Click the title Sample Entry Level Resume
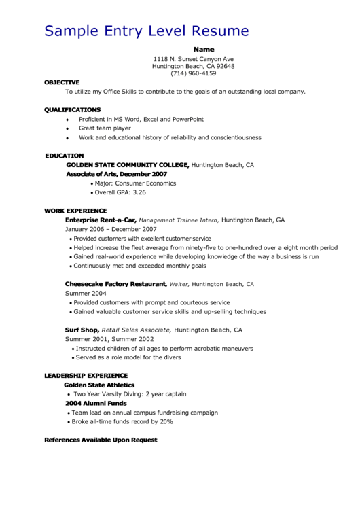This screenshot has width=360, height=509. [146, 31]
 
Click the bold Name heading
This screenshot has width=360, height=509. [204, 50]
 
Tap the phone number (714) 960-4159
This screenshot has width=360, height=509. [194, 73]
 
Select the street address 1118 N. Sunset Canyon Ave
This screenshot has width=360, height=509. [194, 59]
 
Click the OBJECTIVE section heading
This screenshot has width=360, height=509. [62, 82]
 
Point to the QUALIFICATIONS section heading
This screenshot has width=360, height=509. [72, 110]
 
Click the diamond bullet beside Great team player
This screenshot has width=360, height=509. [67, 128]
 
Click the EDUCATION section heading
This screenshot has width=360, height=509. [65, 156]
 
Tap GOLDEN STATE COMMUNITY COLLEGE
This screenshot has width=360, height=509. [127, 165]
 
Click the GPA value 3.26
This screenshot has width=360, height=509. [139, 192]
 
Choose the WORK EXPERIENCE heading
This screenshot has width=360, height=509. [75, 211]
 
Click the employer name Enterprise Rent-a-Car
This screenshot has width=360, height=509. [101, 220]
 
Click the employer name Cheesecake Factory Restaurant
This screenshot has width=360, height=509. [115, 284]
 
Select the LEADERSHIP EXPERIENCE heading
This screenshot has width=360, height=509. [86, 376]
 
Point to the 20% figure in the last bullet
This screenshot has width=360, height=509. [166, 421]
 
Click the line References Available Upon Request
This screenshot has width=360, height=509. [101, 440]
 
